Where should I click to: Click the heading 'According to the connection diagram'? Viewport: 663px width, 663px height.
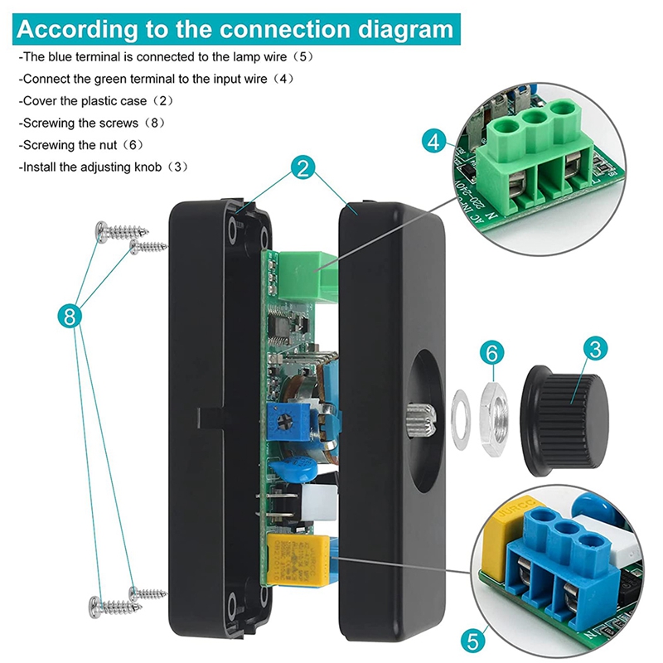click(x=235, y=30)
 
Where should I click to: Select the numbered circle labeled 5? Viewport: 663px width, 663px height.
click(x=473, y=640)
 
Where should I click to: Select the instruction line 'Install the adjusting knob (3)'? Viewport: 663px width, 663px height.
click(x=104, y=167)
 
